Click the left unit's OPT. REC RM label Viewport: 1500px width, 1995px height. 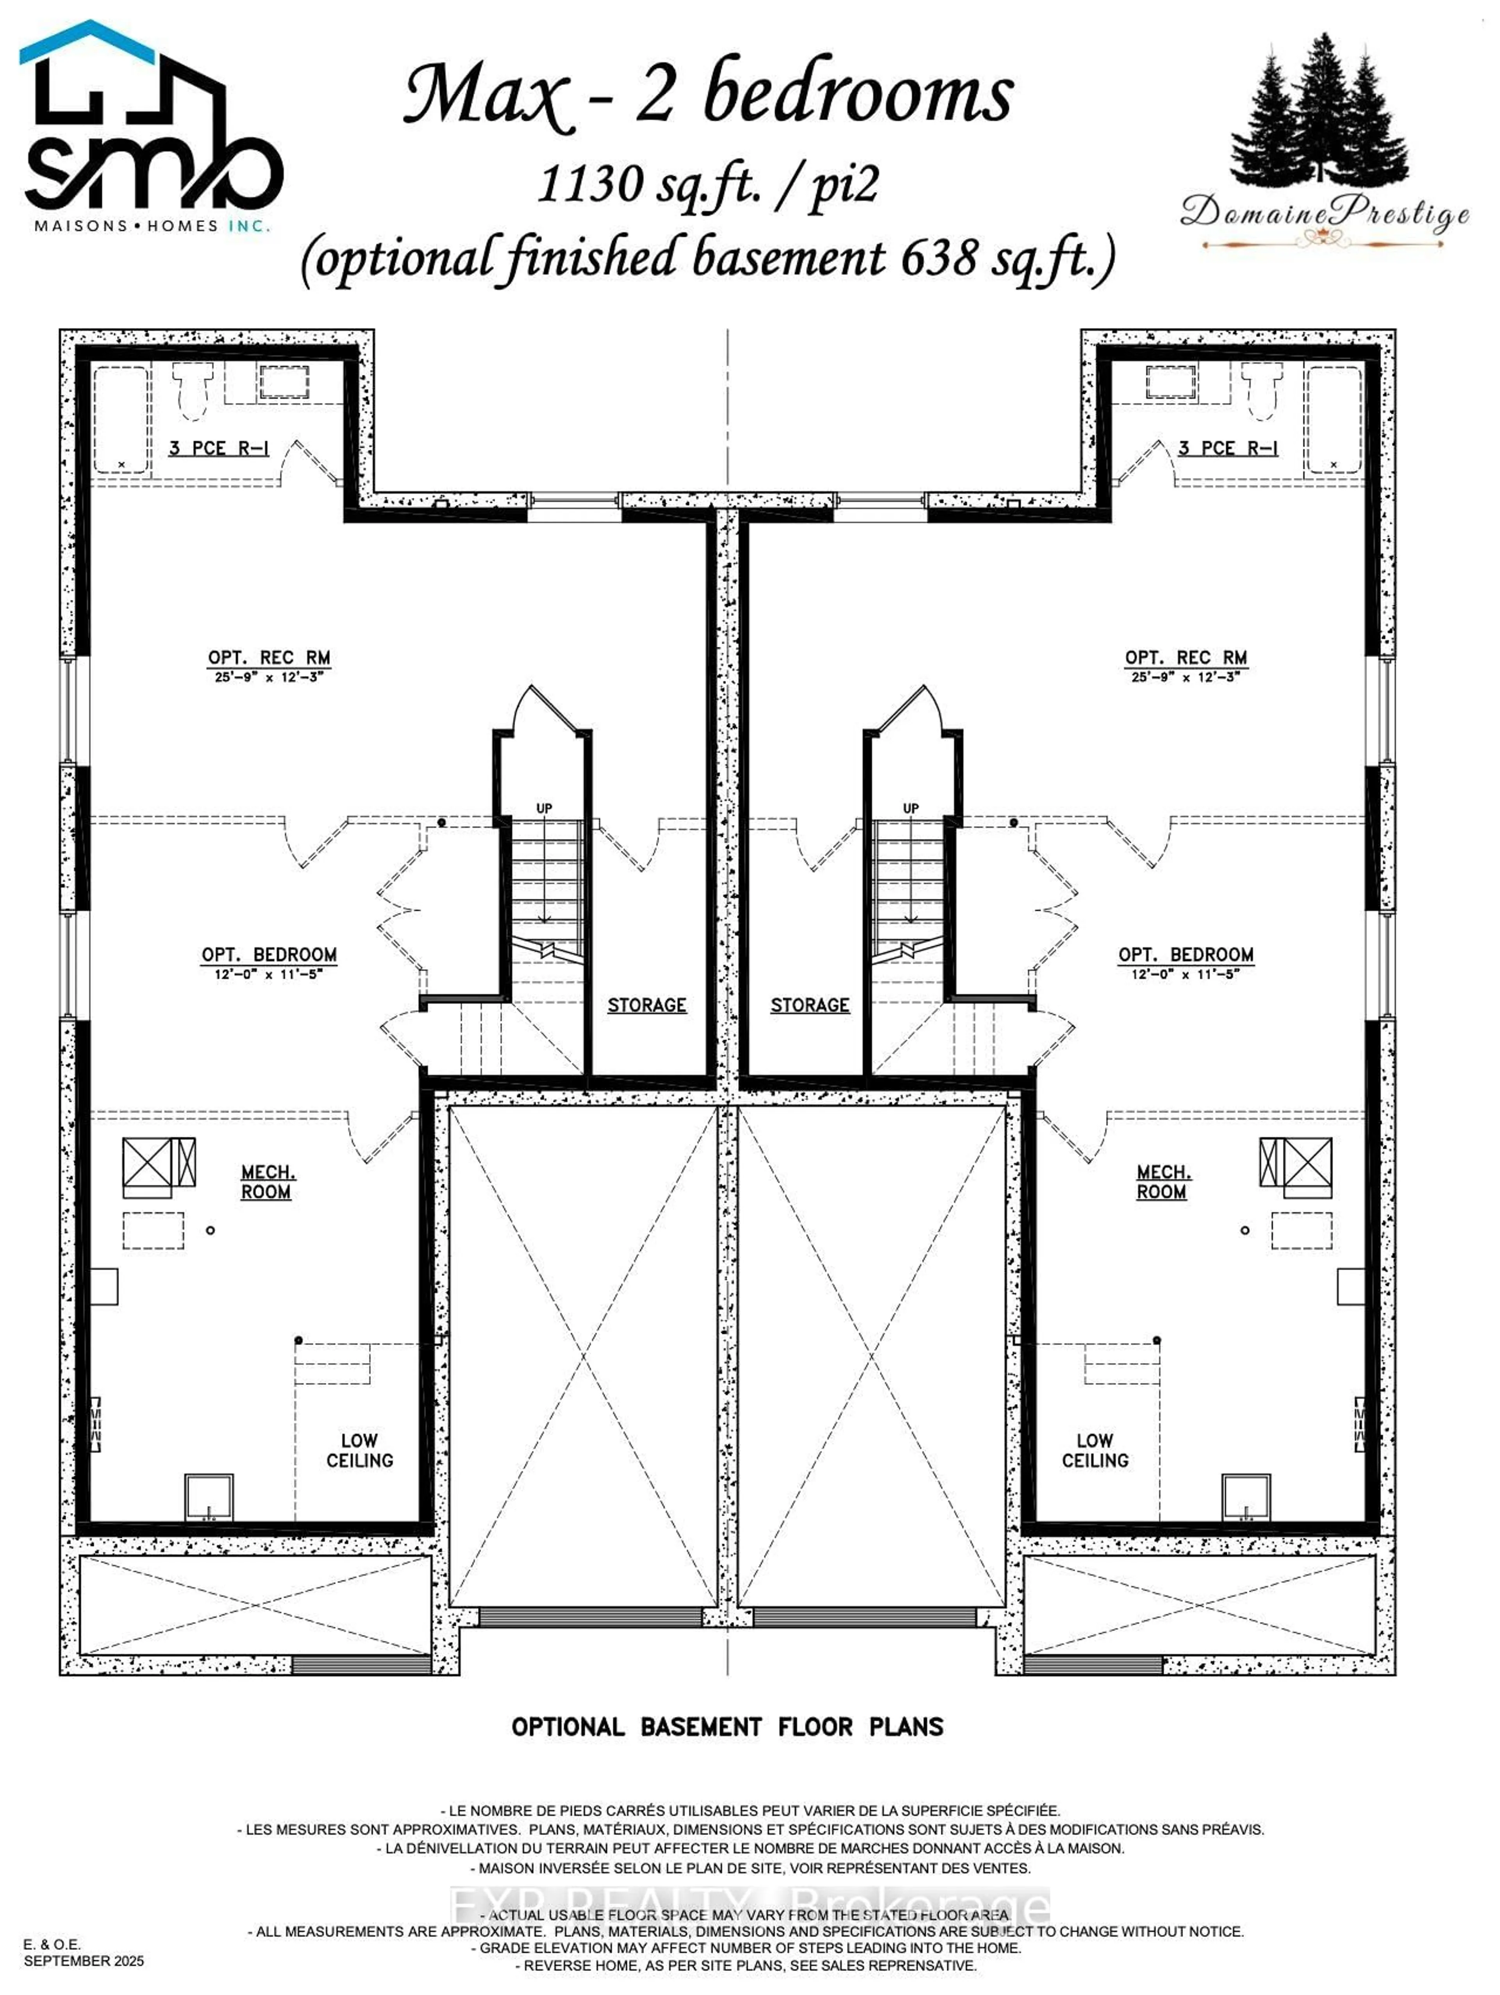pyautogui.click(x=269, y=658)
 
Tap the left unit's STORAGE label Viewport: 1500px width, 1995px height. pyautogui.click(x=646, y=1005)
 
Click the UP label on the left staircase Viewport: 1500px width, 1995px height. pyautogui.click(x=544, y=808)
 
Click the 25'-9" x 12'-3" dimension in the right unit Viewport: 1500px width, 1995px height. pyautogui.click(x=1184, y=676)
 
